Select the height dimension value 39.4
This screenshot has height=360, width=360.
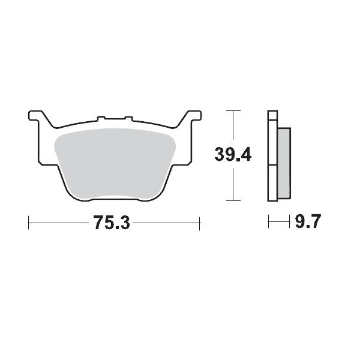tap(233, 155)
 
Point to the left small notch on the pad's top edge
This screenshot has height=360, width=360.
tap(101, 118)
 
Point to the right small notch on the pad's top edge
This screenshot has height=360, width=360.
tap(127, 118)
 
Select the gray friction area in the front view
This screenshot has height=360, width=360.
tap(113, 162)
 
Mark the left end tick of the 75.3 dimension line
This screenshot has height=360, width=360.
tap(29, 224)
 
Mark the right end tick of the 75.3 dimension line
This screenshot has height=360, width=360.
tap(199, 224)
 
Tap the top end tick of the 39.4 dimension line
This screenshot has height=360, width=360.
tap(232, 111)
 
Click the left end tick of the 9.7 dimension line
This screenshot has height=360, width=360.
tap(268, 224)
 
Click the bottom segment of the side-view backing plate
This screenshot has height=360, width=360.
tap(272, 183)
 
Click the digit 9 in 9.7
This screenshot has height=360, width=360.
tap(300, 223)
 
